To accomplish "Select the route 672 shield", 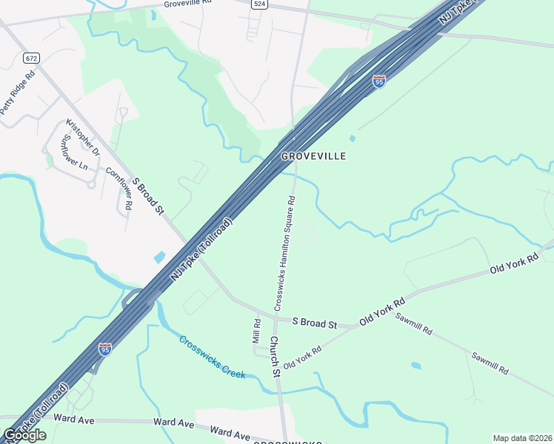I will pos(30,58).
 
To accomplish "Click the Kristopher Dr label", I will pos(82,137).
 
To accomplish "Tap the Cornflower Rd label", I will pos(119,188).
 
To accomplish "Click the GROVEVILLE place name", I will pos(313,157).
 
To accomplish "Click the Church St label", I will pos(274,357).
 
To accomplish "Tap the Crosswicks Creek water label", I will pos(212,357).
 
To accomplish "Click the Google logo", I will pos(24,434).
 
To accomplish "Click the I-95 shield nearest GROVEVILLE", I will pos(379,81).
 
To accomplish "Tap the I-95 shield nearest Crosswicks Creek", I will pos(105,348).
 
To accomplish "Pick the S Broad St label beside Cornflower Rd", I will pos(147,196).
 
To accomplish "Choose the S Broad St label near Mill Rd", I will pos(314,323).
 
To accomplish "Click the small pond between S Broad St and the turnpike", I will pos(160,258).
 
